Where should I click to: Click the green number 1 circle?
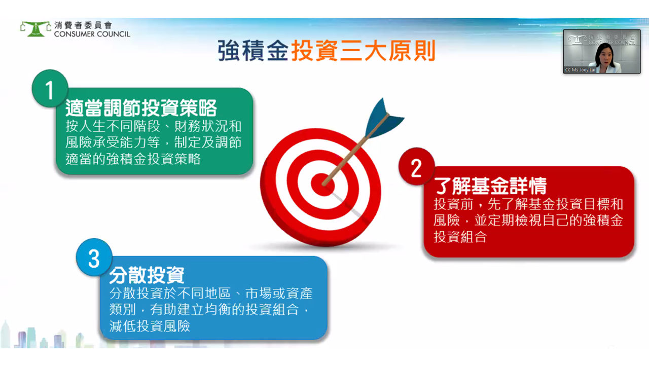(50, 88)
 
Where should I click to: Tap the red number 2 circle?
(417, 167)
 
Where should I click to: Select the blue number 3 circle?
(94, 257)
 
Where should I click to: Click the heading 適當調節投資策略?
(141, 108)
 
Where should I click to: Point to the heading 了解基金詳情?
(490, 186)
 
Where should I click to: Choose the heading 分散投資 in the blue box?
(147, 275)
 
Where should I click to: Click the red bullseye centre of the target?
(323, 184)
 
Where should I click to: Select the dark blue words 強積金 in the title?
(253, 51)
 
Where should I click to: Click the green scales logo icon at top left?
(36, 29)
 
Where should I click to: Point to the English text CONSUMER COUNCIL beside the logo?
(92, 34)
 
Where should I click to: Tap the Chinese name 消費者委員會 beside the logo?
(83, 25)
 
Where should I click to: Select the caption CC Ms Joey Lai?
(580, 70)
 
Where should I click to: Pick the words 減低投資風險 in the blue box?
(150, 326)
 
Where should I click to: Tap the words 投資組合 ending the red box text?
(460, 237)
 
